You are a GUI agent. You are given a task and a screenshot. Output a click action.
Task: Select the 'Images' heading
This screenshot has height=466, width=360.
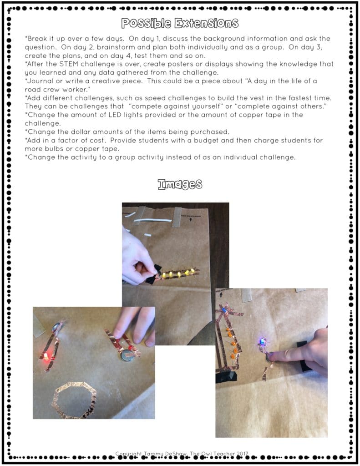click(180, 184)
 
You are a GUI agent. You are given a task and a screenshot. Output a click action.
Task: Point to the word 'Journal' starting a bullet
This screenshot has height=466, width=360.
click(41, 81)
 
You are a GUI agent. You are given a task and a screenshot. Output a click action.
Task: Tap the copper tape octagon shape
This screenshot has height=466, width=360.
click(74, 400)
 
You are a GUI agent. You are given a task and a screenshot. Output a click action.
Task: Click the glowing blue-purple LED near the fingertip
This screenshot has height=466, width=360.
click(263, 341)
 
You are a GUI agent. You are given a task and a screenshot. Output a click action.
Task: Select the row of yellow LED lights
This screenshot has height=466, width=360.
click(178, 274)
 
